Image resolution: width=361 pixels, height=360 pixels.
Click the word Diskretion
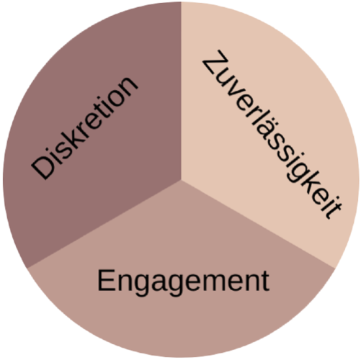coord(84,128)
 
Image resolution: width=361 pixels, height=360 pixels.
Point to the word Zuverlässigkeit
coord(272,135)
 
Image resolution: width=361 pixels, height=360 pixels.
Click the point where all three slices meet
coord(181,180)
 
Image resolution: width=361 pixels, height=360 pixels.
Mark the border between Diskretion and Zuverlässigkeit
coord(181,91)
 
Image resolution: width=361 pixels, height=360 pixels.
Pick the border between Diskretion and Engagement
coord(104,224)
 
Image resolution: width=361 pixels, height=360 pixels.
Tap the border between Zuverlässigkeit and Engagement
coord(258,224)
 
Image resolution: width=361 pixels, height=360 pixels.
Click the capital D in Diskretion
coord(43,167)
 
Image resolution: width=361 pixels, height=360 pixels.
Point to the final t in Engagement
coord(265,282)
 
